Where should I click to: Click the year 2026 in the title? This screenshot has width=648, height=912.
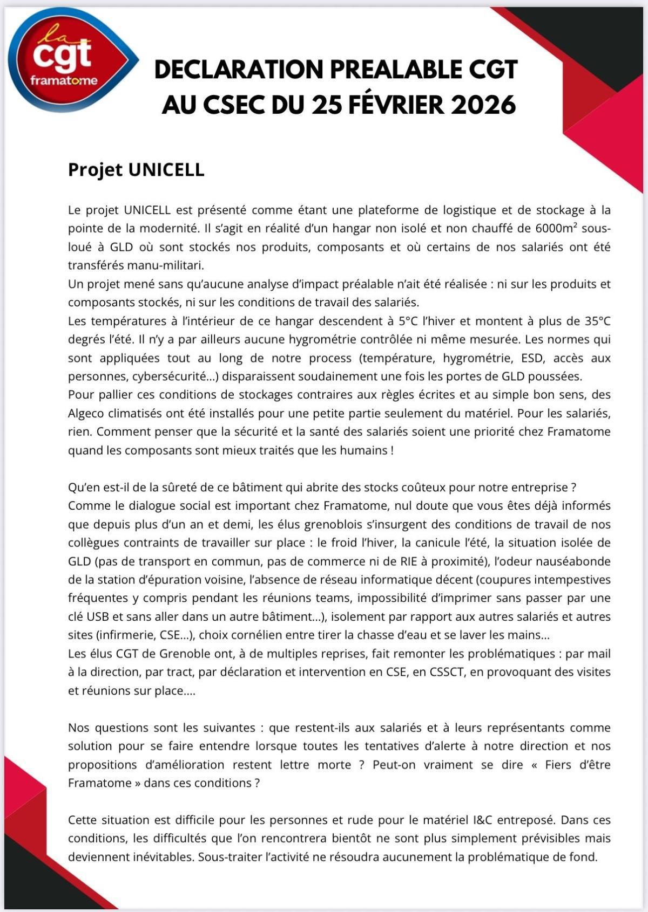[483, 104]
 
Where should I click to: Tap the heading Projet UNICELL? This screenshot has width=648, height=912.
[136, 169]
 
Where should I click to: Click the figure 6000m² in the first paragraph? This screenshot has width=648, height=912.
[555, 228]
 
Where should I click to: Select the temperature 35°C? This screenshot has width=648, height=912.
[597, 321]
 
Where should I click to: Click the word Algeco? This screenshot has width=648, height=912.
[87, 413]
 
